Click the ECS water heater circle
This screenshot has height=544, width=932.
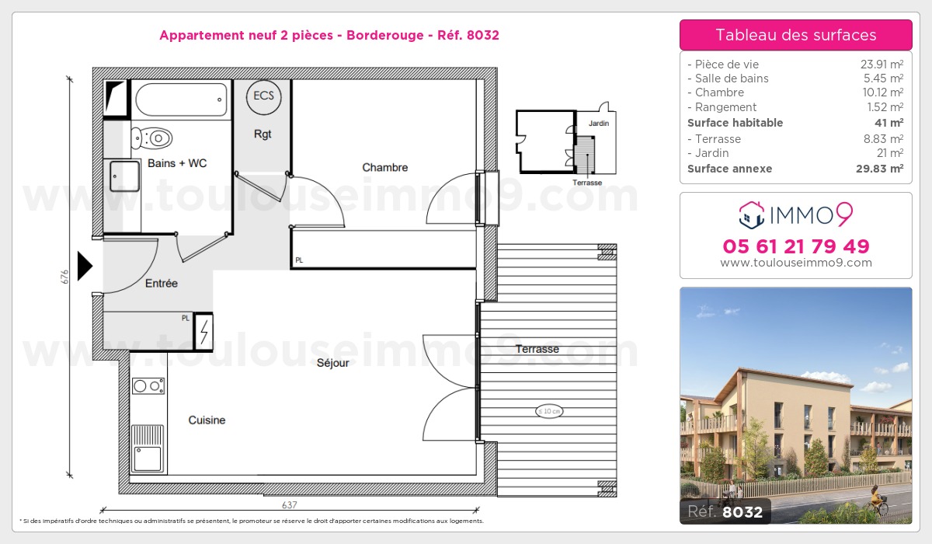263,97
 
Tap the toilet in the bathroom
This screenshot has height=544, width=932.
151,138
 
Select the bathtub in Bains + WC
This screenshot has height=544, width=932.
181,100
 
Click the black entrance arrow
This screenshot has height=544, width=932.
85,266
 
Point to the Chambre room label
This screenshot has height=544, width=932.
385,167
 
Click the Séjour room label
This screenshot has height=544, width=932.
333,363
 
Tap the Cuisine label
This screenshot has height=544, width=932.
207,420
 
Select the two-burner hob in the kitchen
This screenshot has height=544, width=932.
148,385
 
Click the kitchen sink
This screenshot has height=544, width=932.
148,448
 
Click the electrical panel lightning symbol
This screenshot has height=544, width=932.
203,332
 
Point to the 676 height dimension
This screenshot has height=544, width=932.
64,277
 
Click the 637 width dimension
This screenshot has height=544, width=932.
290,505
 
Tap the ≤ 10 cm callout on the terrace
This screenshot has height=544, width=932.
549,411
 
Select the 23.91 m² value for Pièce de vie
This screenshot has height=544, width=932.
882,64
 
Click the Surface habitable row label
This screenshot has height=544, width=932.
735,123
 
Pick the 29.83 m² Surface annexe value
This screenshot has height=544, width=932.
879,169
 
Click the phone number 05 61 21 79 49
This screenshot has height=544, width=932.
796,246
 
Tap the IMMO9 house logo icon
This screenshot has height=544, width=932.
752,215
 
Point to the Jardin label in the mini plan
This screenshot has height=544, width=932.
599,124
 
